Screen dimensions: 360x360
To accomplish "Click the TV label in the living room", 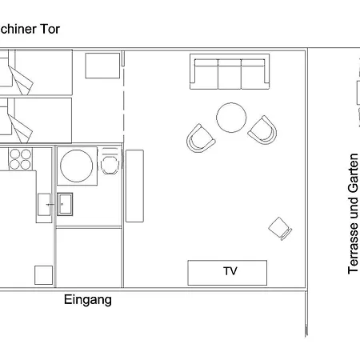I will pos(230,272).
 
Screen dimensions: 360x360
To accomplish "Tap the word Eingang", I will pos(87,300).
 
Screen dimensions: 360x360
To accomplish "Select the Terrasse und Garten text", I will pos(354,214).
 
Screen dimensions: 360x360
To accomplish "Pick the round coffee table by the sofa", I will pos(231,118).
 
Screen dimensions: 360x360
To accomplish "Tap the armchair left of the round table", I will pos(200,138).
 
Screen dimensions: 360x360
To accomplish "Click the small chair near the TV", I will pos(280,229).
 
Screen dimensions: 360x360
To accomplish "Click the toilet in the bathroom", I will pos(110,164).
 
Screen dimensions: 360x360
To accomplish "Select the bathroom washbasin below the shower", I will pos(65,205).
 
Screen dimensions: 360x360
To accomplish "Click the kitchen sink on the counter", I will pos(44,207).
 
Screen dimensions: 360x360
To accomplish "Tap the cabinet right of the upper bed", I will pos(102,65).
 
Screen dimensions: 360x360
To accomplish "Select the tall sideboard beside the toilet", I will pos(134,185).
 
